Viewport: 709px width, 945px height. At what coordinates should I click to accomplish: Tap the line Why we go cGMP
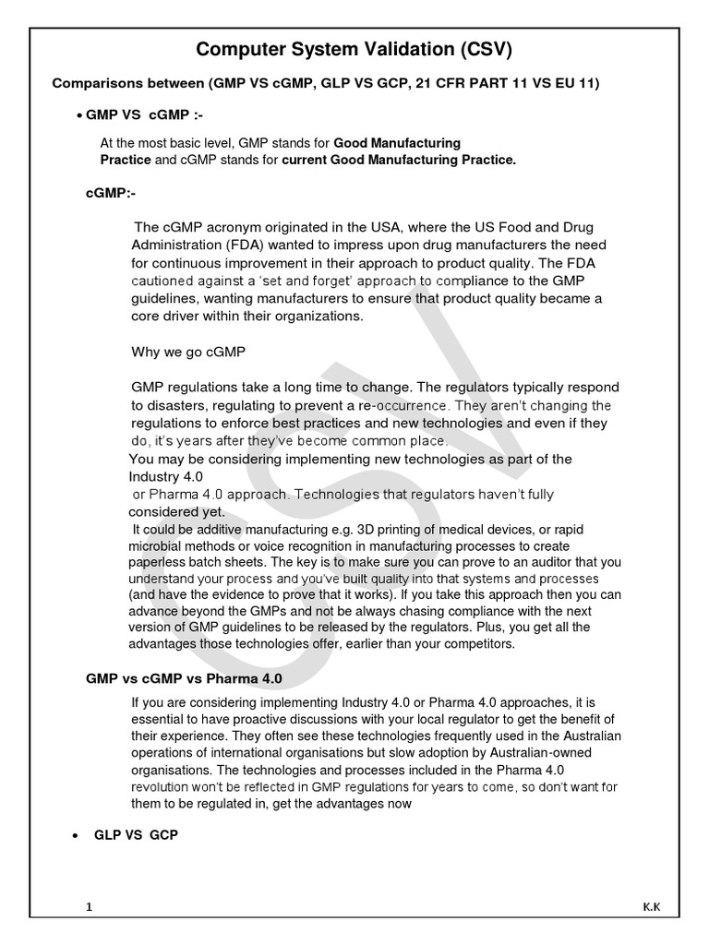[188, 352]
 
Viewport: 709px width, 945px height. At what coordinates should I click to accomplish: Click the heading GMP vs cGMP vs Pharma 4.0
[184, 677]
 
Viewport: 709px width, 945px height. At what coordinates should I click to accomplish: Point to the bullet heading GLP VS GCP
[136, 834]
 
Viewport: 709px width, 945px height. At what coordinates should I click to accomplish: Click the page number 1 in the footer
[89, 907]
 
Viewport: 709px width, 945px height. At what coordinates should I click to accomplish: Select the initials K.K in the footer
[651, 907]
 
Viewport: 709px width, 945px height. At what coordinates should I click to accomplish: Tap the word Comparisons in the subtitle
[95, 84]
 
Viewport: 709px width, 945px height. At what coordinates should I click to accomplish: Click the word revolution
[164, 786]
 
